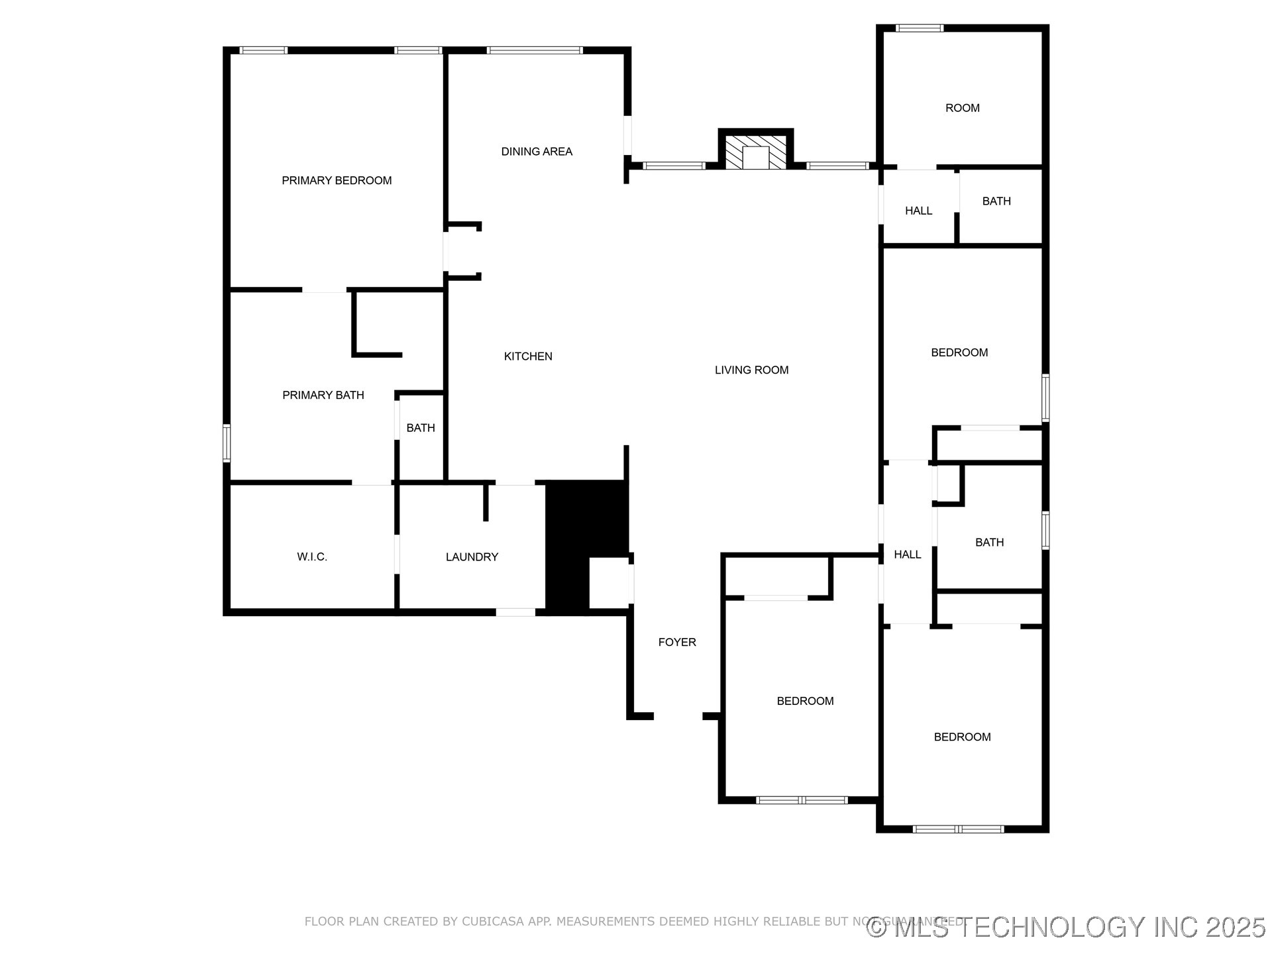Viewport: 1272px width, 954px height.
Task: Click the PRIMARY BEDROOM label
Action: point(337,180)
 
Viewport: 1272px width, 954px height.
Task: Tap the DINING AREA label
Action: point(537,151)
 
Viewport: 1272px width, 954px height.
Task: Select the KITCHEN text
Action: point(528,356)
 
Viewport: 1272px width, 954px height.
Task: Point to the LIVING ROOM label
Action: point(751,370)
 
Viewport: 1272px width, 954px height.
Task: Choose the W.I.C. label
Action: point(312,556)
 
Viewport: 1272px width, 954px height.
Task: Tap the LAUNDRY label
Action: point(472,556)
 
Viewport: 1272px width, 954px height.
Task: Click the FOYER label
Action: point(677,642)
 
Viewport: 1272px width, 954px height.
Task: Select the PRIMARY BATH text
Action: point(323,395)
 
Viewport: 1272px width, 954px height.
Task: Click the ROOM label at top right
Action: point(962,108)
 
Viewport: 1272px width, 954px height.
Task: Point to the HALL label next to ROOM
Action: point(918,211)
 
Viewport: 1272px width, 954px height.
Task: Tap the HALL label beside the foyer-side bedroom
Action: point(907,555)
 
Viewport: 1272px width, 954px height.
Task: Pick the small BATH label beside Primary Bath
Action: point(421,428)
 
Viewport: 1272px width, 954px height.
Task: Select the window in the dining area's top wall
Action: point(535,50)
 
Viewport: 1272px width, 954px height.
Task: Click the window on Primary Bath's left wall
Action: point(227,443)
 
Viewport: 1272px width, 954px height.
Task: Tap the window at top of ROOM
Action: point(920,28)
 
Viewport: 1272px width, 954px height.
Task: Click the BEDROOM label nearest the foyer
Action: point(805,701)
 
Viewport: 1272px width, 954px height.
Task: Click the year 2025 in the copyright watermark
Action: point(1236,927)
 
